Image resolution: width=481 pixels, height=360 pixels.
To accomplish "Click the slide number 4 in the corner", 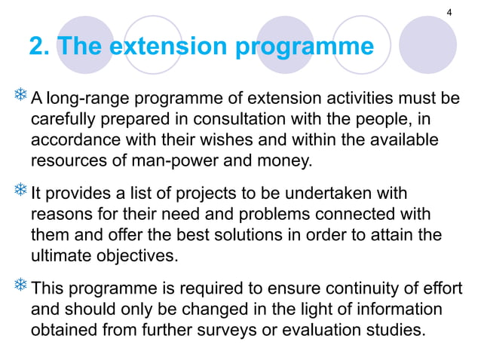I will (x=449, y=13).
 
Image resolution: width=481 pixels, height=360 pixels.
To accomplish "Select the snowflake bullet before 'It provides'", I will (x=20, y=192).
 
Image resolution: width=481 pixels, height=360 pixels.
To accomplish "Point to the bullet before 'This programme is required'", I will (x=20, y=287).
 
